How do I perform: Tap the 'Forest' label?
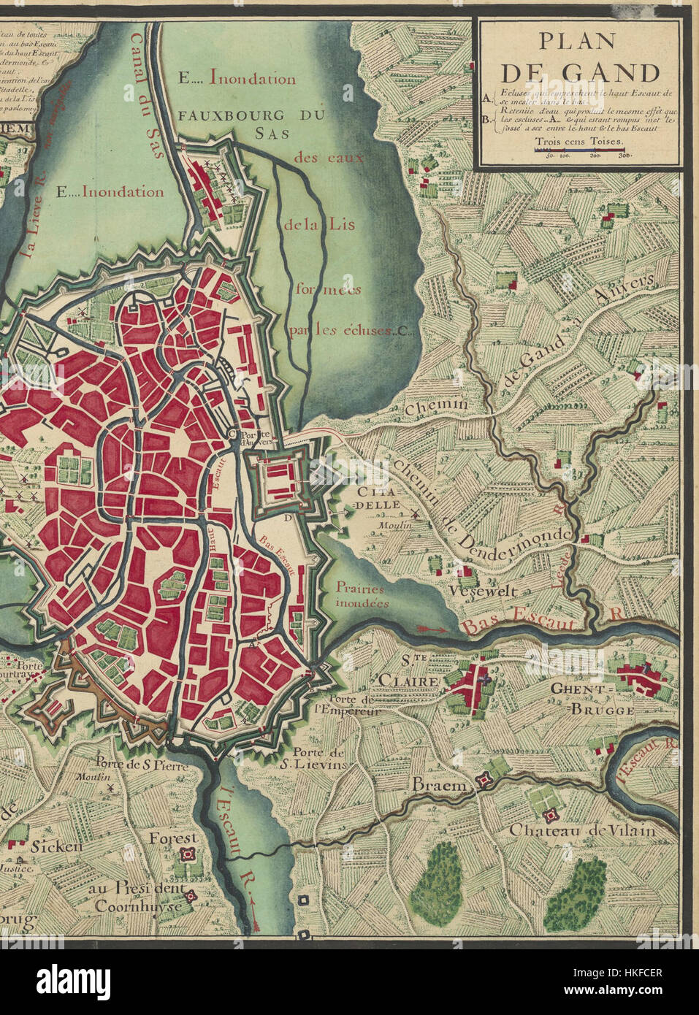(173, 838)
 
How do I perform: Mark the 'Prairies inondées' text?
(362, 594)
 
